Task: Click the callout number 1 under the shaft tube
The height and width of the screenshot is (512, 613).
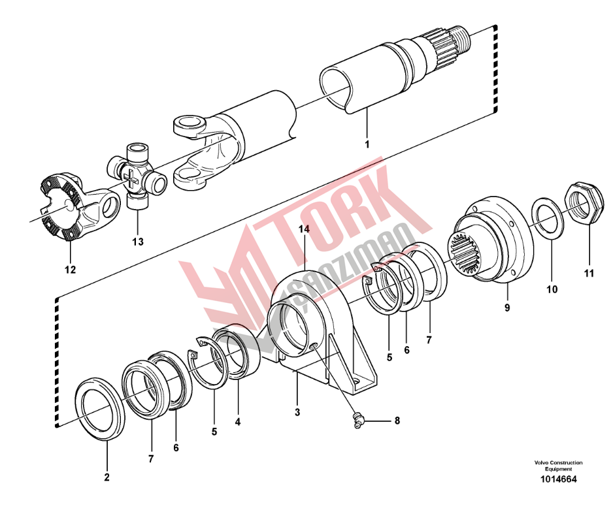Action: (x=367, y=144)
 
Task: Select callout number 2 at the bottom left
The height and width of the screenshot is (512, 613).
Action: (x=107, y=477)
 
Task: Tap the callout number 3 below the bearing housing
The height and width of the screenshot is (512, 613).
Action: (x=297, y=412)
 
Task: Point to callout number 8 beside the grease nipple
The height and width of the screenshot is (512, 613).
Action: (x=397, y=421)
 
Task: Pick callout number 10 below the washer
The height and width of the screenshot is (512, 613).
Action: (x=552, y=289)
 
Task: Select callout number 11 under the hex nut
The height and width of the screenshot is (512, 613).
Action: (x=589, y=274)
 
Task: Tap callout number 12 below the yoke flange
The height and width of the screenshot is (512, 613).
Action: (x=71, y=270)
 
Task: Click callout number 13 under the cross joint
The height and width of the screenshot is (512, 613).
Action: (x=138, y=242)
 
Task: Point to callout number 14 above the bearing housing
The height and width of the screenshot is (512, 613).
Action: (x=304, y=229)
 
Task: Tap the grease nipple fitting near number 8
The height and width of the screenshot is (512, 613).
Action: (x=357, y=420)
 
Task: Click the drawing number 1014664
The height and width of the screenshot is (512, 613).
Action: (x=558, y=479)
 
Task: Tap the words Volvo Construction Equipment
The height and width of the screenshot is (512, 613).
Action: (x=558, y=466)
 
